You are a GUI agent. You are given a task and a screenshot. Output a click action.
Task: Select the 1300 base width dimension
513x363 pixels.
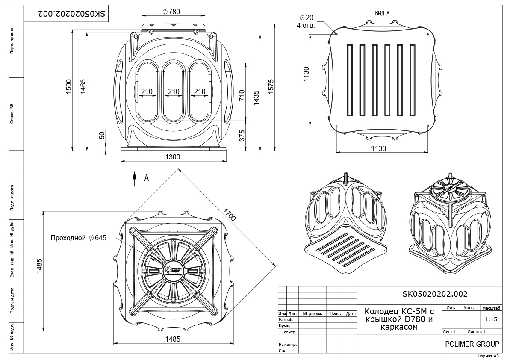click(173, 157)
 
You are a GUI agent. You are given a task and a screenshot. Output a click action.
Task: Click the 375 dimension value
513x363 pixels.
click(242, 135)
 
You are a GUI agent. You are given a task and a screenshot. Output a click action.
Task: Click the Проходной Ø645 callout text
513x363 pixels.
click(78, 238)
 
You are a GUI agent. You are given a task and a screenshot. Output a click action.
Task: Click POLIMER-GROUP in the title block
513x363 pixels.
click(472, 344)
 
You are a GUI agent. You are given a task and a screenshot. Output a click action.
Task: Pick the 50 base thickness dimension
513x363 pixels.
click(102, 135)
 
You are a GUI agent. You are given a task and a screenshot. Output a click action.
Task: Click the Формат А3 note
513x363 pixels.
click(487, 356)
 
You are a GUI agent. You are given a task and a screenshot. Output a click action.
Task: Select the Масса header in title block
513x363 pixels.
click(469, 308)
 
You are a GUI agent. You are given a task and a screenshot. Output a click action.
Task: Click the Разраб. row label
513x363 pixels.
click(286, 319)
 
